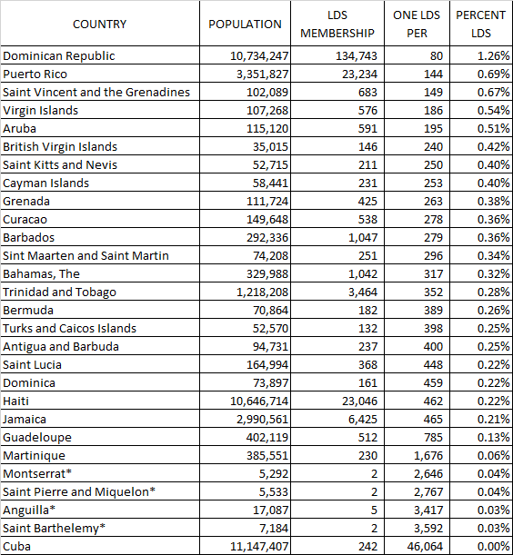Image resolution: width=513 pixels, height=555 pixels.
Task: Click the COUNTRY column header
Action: pos(99,25)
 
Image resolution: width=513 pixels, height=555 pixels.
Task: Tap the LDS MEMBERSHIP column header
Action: pos(349,25)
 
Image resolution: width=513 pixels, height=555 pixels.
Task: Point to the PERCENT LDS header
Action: pos(480,25)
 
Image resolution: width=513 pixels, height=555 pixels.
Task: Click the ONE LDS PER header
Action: pos(417,25)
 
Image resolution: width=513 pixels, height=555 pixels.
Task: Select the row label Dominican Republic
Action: pos(72,55)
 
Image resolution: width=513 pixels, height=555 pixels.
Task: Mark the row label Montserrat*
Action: pos(42,473)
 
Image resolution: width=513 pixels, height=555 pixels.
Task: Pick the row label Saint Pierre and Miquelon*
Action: pos(80,491)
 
